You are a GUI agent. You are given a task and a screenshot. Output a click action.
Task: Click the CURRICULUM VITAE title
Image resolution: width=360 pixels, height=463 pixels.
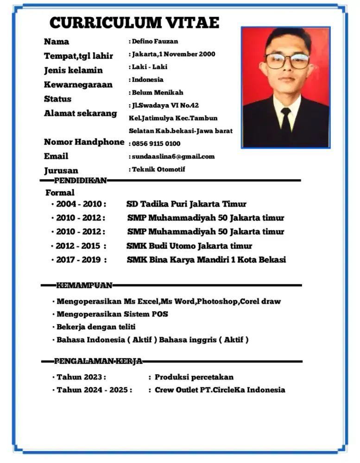pyautogui.click(x=134, y=23)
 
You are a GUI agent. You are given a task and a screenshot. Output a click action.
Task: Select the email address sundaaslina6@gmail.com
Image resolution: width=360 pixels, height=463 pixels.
pyautogui.click(x=173, y=156)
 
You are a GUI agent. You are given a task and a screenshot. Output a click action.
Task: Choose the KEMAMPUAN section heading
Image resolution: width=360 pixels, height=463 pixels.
pyautogui.click(x=84, y=285)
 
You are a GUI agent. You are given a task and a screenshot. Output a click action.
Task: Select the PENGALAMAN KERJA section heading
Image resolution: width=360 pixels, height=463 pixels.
pyautogui.click(x=98, y=361)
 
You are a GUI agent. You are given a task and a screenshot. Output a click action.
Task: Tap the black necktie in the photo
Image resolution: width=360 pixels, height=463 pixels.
pyautogui.click(x=286, y=118)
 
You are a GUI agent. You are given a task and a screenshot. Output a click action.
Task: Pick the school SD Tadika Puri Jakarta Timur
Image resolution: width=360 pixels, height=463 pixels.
pyautogui.click(x=186, y=204)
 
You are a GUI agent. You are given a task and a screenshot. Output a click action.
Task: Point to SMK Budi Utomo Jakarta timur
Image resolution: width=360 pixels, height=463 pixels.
pyautogui.click(x=189, y=246)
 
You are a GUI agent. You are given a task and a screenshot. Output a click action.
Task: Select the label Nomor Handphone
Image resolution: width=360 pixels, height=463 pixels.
pyautogui.click(x=84, y=142)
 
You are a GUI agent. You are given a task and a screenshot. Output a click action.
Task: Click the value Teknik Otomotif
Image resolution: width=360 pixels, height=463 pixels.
pyautogui.click(x=158, y=169)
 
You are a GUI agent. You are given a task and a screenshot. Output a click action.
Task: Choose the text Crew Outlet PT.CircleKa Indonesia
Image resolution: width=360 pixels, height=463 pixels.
pyautogui.click(x=220, y=390)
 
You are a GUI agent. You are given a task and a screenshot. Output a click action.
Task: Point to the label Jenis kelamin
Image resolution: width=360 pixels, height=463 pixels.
pyautogui.click(x=73, y=71)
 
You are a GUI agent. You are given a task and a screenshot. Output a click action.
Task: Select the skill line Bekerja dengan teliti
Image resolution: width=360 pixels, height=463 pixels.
pyautogui.click(x=96, y=327)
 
